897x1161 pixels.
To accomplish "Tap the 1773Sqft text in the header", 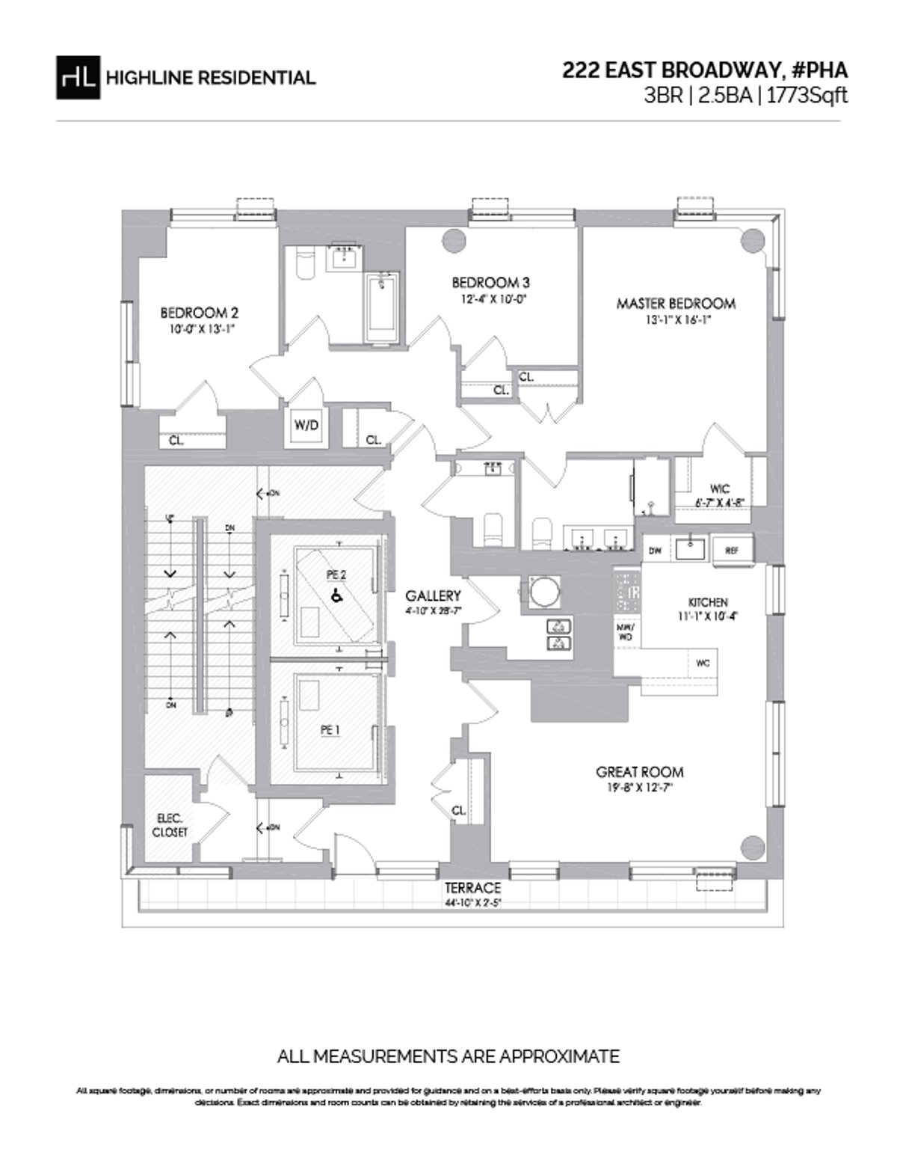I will [x=806, y=97].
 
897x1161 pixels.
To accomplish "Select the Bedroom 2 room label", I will [x=200, y=313].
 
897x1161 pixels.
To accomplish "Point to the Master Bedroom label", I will [x=676, y=304].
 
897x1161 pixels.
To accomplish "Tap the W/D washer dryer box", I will [x=306, y=426].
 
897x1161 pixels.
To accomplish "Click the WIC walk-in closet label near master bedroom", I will [x=721, y=488].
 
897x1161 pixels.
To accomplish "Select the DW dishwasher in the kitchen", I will [x=656, y=550].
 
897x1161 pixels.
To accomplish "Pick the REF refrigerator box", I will [x=731, y=550].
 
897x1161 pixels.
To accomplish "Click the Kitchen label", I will [x=707, y=602].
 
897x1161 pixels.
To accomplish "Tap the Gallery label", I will [x=433, y=596].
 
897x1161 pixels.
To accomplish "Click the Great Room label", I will [x=639, y=772].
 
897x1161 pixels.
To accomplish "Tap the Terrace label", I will [x=472, y=888].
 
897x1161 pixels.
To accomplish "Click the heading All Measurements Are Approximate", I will [x=448, y=1056].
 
